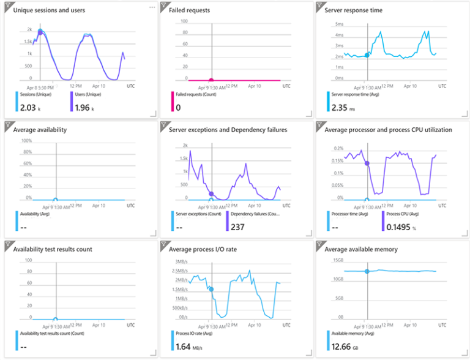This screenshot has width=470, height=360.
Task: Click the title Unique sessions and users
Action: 49,10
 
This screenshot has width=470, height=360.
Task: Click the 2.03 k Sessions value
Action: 29,108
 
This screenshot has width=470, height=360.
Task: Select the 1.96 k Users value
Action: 84,108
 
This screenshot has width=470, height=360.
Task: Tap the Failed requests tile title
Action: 189,10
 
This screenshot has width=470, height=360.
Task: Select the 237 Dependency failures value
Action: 238,227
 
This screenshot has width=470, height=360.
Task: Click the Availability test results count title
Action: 53,249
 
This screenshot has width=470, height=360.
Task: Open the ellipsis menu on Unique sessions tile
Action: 152,7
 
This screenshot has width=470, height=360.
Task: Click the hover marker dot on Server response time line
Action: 367,55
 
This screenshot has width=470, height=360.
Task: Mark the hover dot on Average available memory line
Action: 367,271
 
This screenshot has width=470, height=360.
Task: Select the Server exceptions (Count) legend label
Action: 198,214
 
